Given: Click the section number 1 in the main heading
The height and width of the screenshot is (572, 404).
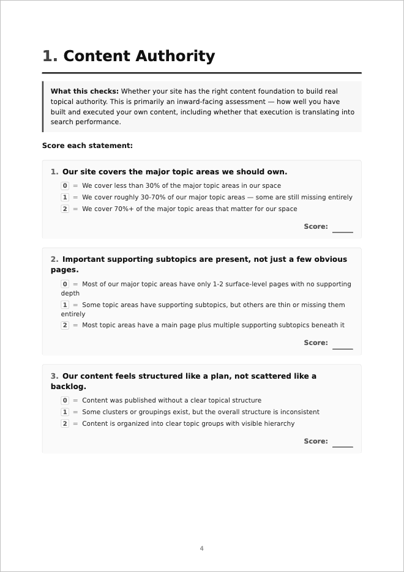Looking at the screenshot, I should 50,56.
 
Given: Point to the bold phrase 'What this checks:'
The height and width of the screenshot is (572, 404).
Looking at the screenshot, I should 84,91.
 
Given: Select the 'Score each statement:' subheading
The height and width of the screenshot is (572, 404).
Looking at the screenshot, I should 88,146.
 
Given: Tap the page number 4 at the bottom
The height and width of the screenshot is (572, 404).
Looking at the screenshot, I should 201,548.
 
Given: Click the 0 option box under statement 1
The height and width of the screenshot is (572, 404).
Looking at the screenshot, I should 65,186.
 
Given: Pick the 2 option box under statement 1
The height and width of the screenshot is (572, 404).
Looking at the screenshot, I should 65,209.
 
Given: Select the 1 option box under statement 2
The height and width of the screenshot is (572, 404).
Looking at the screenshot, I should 65,305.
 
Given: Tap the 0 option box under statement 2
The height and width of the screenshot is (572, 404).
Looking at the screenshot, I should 65,284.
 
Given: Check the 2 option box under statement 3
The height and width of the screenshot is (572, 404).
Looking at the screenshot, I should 65,423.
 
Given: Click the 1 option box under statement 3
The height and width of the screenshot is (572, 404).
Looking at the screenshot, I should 65,412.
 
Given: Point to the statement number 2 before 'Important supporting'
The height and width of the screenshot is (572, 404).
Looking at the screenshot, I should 54,259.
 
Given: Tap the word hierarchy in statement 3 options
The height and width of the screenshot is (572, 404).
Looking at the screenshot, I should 277,423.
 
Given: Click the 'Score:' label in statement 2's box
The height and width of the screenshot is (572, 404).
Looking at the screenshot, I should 316,343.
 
